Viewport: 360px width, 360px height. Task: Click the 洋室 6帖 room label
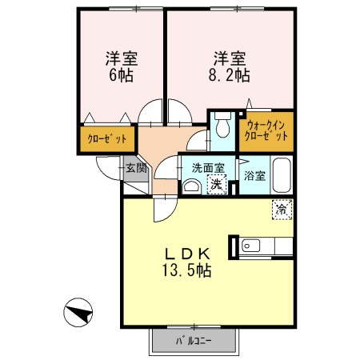(121, 67)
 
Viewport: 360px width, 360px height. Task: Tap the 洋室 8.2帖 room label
(229, 67)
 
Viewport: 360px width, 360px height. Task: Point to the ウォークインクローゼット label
(266, 131)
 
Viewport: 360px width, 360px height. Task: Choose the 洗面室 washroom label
(206, 168)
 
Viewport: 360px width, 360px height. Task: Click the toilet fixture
(222, 127)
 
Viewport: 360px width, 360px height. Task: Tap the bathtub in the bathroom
(281, 175)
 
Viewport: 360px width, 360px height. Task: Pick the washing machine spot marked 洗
(214, 185)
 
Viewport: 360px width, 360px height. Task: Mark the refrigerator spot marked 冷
(281, 210)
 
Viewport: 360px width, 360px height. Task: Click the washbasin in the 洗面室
(191, 186)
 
